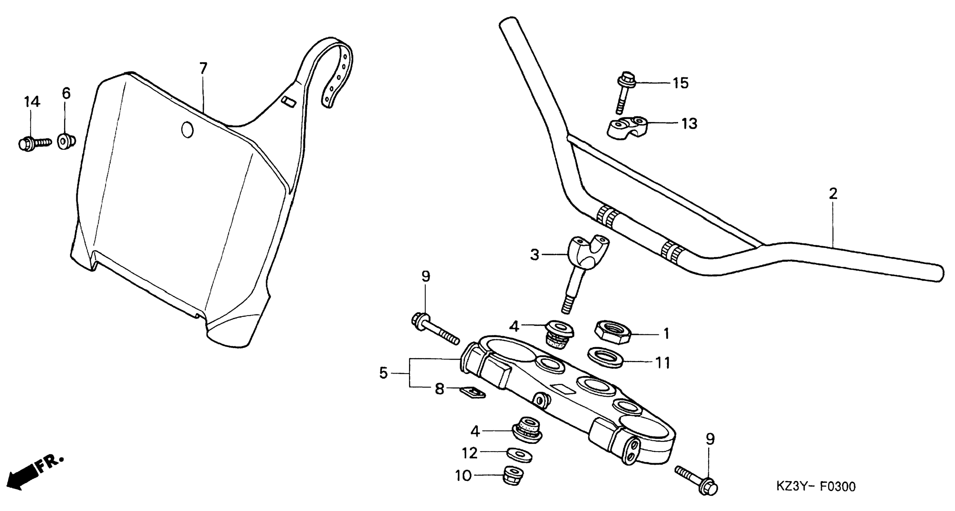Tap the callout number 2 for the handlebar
coord(833,194)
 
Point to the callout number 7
coord(203,69)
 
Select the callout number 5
coord(383,374)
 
